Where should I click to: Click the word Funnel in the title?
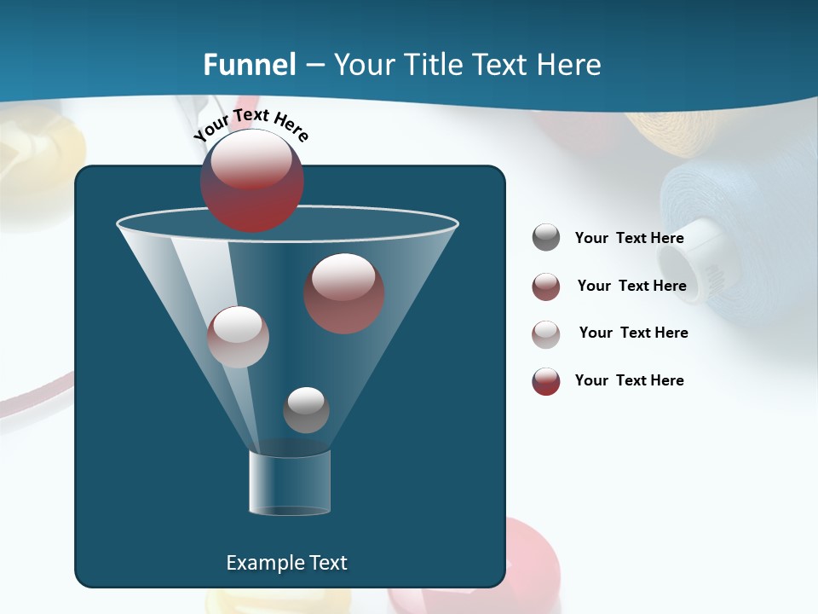(x=249, y=65)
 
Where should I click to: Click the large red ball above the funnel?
(x=252, y=181)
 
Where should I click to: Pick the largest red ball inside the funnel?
(x=344, y=293)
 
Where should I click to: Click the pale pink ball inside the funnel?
(x=239, y=337)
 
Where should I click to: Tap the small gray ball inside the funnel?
(x=306, y=409)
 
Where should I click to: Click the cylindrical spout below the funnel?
(x=290, y=483)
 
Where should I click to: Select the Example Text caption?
(x=286, y=563)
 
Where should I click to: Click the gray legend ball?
(x=546, y=238)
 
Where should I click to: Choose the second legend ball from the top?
(x=546, y=287)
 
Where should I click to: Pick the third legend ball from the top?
(x=546, y=334)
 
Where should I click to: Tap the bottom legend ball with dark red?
(x=546, y=381)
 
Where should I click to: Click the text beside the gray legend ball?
(x=629, y=239)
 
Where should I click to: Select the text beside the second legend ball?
(x=631, y=287)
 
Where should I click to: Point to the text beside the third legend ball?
(x=633, y=333)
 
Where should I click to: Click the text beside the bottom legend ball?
(x=629, y=380)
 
